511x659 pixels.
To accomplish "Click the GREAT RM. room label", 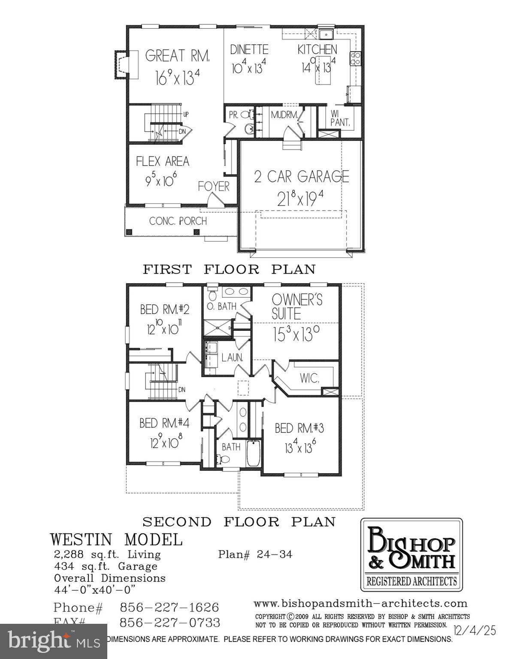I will point(177,56).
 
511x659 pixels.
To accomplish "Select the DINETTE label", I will point(249,50).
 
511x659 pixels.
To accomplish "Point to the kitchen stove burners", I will point(356,58).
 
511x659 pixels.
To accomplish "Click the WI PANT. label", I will point(340,118).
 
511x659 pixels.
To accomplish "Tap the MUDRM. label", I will point(284,115).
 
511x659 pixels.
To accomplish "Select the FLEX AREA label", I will point(162,162).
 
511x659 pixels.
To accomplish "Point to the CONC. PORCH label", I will point(178,221).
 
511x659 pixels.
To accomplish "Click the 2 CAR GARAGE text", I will point(302,176).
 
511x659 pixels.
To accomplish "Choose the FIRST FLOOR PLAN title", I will point(229,269).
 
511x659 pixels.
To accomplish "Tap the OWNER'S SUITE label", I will point(297,306).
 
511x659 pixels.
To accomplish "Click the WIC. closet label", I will point(309,378).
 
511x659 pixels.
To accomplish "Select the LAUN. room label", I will point(232,357).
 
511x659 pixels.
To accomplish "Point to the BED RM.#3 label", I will point(299,428).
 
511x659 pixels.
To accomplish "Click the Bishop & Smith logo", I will point(411,555).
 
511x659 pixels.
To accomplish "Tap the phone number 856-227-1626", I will point(169,608).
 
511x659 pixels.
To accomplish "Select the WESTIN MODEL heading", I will point(116,539).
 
